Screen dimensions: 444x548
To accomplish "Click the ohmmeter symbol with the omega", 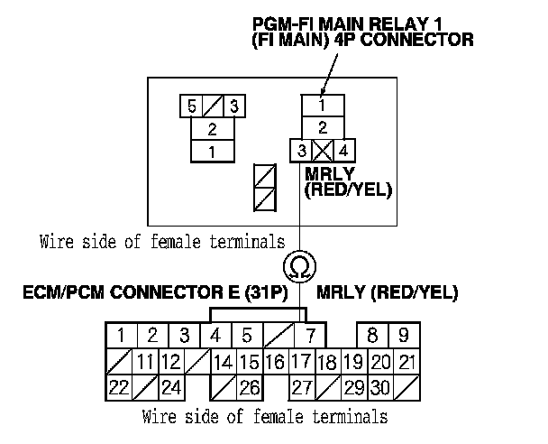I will tap(298, 266).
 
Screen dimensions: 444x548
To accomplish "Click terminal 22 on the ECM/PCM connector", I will tap(118, 387).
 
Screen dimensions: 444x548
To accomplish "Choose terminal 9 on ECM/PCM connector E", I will tap(404, 337).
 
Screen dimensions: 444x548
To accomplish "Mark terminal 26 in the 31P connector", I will tap(249, 387).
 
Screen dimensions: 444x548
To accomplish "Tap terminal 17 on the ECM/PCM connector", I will tap(300, 362).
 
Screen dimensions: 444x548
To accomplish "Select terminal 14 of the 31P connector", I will tap(223, 362).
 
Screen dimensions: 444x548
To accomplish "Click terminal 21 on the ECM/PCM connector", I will tap(406, 362).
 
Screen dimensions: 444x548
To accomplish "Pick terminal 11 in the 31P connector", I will tap(145, 362).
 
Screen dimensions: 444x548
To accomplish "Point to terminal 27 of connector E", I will tap(300, 387).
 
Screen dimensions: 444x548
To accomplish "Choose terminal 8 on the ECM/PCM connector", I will tap(372, 337).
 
